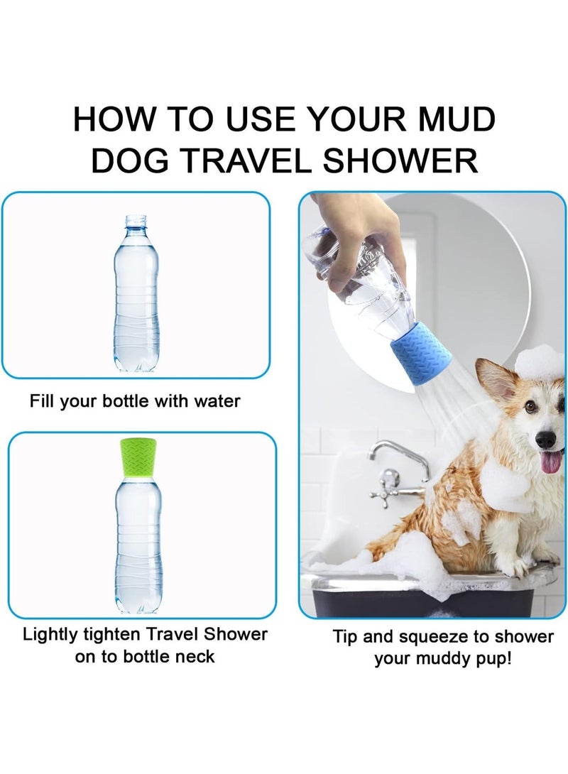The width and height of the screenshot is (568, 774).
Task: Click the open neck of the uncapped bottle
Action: point(137,221)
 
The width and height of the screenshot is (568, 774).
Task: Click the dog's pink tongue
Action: point(552,462)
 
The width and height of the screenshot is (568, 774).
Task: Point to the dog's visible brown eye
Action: point(530,407)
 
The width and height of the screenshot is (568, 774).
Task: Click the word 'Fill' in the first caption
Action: point(43,400)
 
